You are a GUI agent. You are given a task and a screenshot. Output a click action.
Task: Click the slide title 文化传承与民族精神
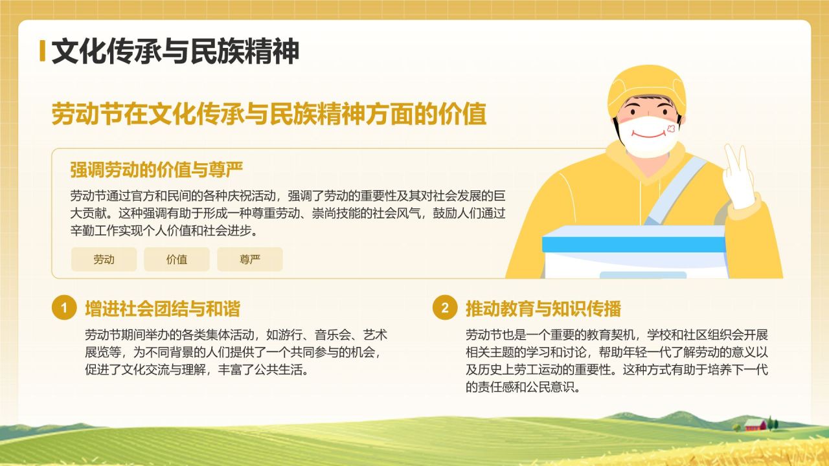tap(175, 52)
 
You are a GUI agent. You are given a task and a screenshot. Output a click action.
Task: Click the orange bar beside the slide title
tap(43, 52)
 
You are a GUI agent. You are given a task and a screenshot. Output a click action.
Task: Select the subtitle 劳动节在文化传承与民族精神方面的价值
tap(269, 115)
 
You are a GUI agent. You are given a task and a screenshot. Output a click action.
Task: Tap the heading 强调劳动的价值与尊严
tap(156, 170)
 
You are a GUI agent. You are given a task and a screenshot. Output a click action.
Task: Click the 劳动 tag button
tap(104, 260)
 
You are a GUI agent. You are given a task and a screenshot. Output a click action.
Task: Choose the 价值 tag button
tap(177, 260)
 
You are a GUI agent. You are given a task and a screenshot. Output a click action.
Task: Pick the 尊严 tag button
tap(250, 260)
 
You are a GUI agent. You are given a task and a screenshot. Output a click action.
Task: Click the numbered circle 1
tap(64, 308)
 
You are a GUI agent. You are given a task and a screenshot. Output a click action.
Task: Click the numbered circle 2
tap(444, 308)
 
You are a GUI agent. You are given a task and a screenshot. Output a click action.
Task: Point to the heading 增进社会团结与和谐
tap(163, 309)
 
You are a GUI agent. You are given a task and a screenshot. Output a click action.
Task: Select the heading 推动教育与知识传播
tap(543, 309)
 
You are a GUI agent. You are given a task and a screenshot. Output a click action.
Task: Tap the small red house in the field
tap(755, 425)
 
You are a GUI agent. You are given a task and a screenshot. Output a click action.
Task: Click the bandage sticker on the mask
tap(670, 129)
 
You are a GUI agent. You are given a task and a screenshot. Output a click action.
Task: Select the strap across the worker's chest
tap(674, 188)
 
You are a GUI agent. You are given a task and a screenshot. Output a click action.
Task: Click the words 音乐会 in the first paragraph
tap(333, 335)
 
